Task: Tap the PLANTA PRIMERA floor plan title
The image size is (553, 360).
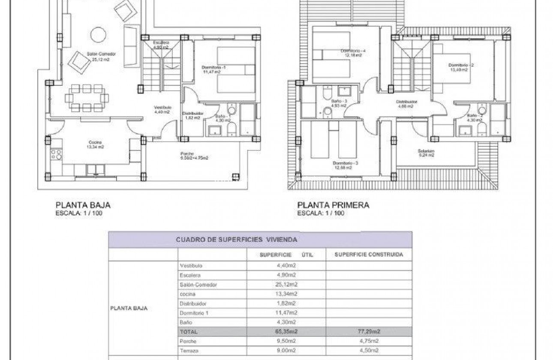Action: point(333,205)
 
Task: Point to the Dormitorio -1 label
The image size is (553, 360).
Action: point(213,69)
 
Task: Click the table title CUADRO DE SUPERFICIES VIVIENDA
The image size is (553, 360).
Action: point(236,240)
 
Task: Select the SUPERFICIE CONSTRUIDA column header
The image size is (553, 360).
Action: point(369,254)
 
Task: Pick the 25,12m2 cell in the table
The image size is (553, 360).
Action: point(286,284)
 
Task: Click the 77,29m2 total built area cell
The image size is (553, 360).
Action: point(369,331)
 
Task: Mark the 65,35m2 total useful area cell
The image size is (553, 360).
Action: point(286,331)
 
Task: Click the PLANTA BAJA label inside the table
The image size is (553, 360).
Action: point(129,308)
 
